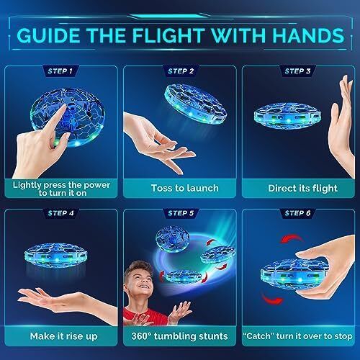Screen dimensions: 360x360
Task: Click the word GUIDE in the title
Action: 48,35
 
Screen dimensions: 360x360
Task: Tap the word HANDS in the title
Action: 308,35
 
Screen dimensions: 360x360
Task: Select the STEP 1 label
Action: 60,71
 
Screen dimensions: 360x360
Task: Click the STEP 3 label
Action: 297,71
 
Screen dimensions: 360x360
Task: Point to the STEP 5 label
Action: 181,213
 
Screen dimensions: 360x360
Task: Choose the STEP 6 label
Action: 297,213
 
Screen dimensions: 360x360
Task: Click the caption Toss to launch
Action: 185,188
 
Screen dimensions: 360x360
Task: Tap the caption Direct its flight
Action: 302,189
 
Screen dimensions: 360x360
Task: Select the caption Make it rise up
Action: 64,336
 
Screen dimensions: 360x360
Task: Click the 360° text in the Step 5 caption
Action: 141,336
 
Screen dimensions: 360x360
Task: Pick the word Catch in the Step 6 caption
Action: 258,336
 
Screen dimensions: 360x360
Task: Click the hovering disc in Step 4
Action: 56,255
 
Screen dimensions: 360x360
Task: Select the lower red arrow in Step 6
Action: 272,300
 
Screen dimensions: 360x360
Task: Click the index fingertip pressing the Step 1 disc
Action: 63,107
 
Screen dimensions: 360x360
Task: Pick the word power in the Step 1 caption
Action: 97,185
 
